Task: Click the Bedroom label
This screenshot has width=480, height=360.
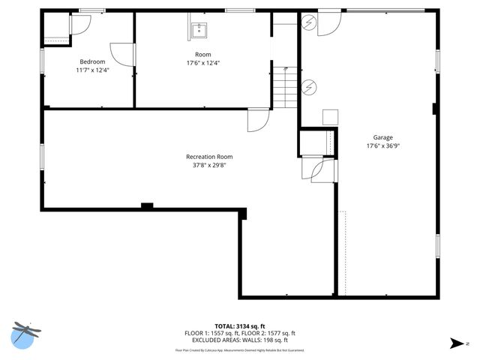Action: [92, 61]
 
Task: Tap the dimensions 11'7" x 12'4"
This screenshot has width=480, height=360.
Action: [92, 70]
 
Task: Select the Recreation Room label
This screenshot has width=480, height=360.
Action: [209, 157]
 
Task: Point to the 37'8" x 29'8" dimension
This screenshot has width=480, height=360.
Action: [209, 165]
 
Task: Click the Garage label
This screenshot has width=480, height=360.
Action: [382, 137]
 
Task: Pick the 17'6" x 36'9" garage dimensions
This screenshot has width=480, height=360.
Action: [382, 146]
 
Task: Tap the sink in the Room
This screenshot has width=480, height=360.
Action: [199, 31]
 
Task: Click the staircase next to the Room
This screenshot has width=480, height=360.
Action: [285, 86]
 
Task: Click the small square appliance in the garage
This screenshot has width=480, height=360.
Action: [331, 118]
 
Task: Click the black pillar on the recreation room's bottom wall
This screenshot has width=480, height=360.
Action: [147, 205]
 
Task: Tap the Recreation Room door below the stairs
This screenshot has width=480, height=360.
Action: [257, 120]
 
